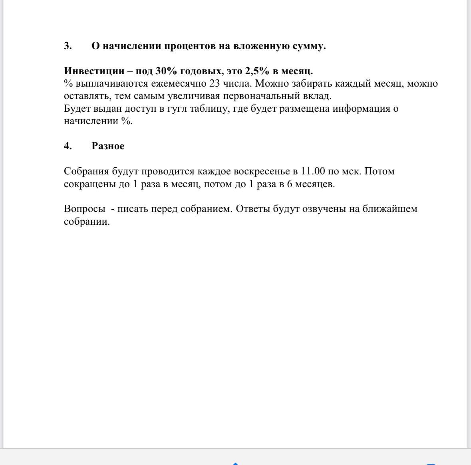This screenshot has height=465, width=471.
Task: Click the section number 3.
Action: (68, 46)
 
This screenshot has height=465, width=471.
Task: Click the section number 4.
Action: (68, 146)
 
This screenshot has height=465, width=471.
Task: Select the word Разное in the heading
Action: (108, 146)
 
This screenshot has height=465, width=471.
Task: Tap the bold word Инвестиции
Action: (94, 71)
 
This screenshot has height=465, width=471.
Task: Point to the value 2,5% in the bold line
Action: (257, 71)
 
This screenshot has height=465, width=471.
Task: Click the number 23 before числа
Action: (215, 83)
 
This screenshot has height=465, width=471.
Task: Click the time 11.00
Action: (313, 171)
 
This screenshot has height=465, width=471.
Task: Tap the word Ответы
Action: (253, 209)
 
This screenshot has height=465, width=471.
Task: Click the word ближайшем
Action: (390, 209)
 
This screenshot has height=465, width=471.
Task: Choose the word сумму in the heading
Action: (309, 46)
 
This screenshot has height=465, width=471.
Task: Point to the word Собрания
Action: (86, 171)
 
